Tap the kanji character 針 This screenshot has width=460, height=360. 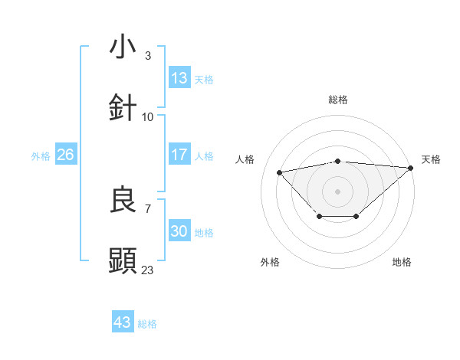click(123, 108)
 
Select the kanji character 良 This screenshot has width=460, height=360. click(123, 200)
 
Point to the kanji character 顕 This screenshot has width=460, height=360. click(123, 261)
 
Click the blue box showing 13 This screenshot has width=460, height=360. click(179, 78)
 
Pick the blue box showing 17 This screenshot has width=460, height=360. click(179, 155)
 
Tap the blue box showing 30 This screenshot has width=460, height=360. click(179, 231)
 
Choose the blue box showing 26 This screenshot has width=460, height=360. click(65, 155)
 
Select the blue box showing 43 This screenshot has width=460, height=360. click(122, 322)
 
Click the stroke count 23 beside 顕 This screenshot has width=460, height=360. click(148, 270)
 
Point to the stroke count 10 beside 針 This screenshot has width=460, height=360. click(148, 116)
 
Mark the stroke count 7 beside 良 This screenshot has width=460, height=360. click(148, 208)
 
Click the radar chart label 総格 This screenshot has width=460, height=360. click(338, 100)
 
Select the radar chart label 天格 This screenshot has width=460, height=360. click(432, 159)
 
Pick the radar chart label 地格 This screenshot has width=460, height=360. click(402, 262)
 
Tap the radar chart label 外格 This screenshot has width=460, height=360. click(270, 262)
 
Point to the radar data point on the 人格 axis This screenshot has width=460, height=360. click(280, 172)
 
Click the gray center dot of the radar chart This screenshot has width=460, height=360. click(338, 191)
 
